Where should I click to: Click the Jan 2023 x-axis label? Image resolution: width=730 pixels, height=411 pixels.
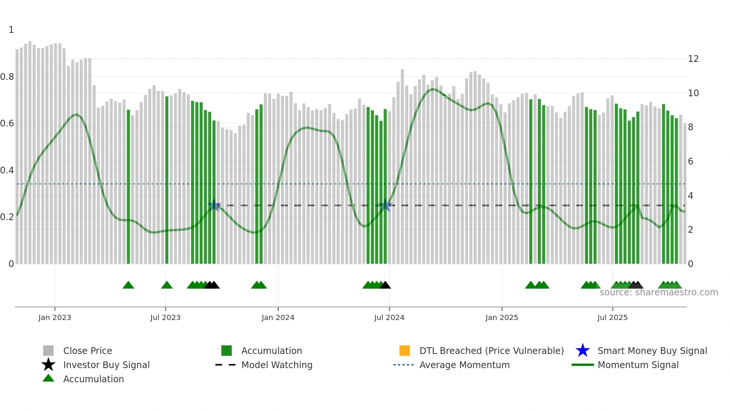[x=54, y=317]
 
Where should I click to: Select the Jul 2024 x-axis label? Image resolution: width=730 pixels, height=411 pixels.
[x=389, y=317]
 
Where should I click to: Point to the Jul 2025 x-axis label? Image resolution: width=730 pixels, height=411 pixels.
[x=612, y=317]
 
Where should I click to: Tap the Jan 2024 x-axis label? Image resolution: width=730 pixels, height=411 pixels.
[x=278, y=317]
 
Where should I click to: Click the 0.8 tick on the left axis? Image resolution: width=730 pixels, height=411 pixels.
[x=7, y=77]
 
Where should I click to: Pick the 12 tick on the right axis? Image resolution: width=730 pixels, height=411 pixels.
[x=693, y=59]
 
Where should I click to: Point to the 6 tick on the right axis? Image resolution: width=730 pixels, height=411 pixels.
[x=691, y=161]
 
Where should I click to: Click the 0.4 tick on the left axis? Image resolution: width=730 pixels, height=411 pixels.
[x=7, y=170]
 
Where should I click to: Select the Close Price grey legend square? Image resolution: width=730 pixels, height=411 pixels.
[x=48, y=351]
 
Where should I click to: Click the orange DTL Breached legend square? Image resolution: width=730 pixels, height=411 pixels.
[x=404, y=351]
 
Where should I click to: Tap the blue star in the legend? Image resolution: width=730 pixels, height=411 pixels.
[x=583, y=351]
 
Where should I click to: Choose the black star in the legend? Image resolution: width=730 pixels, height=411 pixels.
[x=48, y=365]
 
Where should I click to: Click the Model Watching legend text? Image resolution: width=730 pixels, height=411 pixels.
[x=277, y=365]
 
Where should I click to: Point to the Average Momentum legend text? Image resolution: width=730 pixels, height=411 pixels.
[x=464, y=365]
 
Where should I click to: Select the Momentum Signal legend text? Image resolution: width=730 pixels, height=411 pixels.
[x=638, y=365]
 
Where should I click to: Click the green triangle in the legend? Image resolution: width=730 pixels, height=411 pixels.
[x=48, y=378]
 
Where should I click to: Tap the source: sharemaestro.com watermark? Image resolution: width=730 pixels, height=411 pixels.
[x=658, y=292]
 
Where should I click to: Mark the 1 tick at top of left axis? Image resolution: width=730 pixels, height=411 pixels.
[x=11, y=30]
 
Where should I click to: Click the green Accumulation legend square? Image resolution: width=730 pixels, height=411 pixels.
[x=226, y=351]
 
